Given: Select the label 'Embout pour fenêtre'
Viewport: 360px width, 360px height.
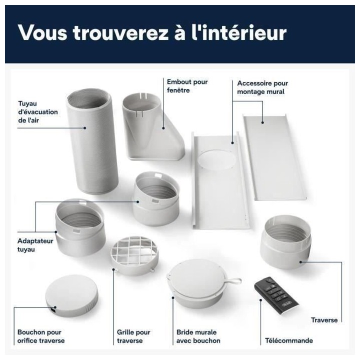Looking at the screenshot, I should click(x=187, y=86).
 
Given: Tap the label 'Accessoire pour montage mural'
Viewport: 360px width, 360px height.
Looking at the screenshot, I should click(x=262, y=87).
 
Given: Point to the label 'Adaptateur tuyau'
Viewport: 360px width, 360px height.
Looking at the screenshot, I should click(x=32, y=244).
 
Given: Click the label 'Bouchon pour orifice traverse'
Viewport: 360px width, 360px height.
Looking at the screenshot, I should click(x=40, y=336).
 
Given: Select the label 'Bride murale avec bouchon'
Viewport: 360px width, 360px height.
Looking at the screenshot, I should click(x=198, y=336).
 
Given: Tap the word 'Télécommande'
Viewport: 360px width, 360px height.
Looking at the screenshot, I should click(x=288, y=340).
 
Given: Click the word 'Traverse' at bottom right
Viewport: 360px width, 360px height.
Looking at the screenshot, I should click(x=324, y=320).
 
